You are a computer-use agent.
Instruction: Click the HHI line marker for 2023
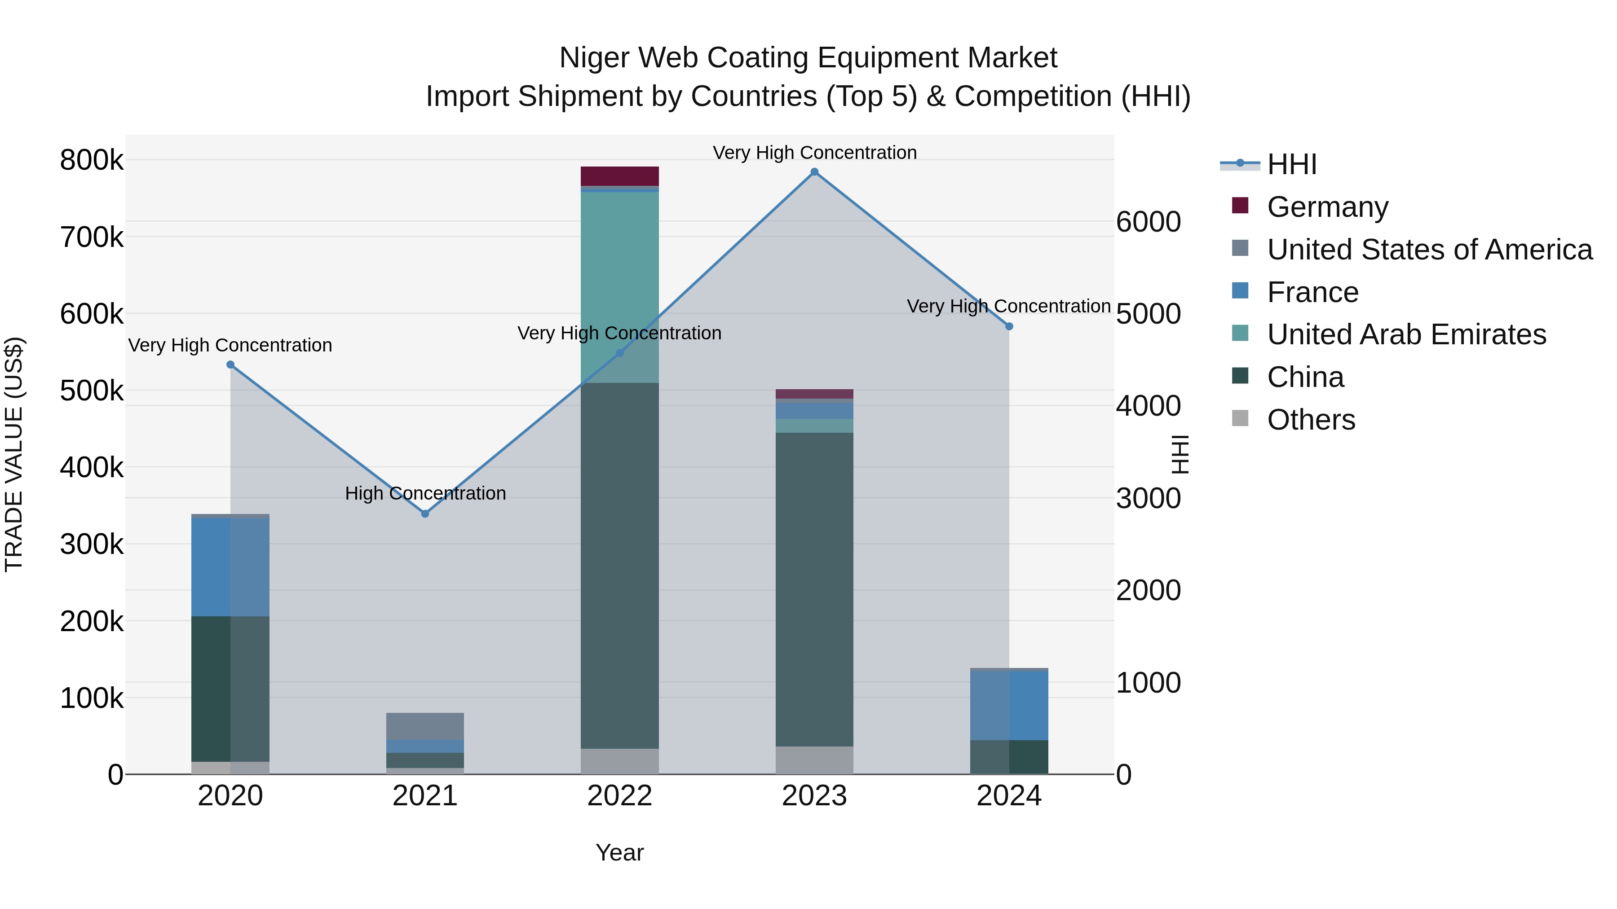(x=814, y=172)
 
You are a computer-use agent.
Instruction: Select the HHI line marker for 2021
(x=425, y=513)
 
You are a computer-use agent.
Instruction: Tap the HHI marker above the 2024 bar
(x=1009, y=326)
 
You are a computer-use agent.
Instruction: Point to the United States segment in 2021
(x=425, y=726)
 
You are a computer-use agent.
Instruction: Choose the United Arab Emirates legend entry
(x=1406, y=334)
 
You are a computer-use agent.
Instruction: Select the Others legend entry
(x=1311, y=420)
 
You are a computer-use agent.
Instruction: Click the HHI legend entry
(x=1291, y=164)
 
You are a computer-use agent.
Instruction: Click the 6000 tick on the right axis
(x=1148, y=222)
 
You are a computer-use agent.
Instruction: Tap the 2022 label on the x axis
(x=619, y=796)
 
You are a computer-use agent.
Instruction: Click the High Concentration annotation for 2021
(x=425, y=494)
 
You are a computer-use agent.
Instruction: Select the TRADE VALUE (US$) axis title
(x=14, y=454)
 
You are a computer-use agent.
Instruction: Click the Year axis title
(x=619, y=852)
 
